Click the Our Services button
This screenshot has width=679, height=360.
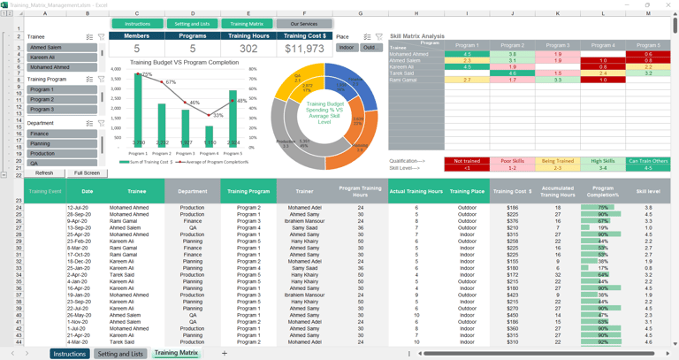coord(303,24)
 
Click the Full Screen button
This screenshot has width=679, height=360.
coord(87,173)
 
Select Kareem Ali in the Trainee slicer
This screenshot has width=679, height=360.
coord(61,57)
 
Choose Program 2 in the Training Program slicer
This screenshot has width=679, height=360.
coord(61,100)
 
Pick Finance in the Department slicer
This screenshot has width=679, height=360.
coord(61,134)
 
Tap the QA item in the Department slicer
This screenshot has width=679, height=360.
coord(61,163)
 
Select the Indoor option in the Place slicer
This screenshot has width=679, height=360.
coord(347,48)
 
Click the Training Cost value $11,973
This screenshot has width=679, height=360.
coord(304,50)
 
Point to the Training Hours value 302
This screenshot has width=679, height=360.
coord(248,50)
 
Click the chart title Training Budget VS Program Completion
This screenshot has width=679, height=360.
coord(184,63)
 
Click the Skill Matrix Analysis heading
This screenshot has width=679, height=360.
coord(417,36)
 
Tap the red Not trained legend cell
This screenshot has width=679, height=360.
coord(467,162)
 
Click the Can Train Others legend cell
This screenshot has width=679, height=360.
coord(648,162)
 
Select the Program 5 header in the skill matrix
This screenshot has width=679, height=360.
coord(648,45)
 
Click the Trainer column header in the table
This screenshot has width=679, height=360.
coord(304,191)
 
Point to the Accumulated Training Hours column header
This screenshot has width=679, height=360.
coord(558,191)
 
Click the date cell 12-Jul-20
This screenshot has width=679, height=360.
coord(79,208)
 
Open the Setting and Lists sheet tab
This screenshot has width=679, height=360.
coord(120,354)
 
